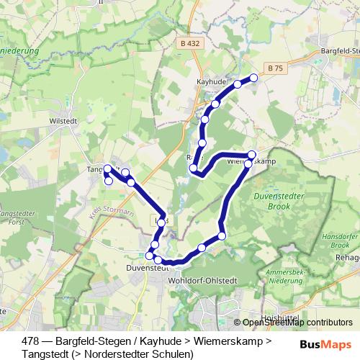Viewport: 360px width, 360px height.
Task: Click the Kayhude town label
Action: click(x=210, y=82)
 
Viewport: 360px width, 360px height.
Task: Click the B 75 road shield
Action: click(x=274, y=68)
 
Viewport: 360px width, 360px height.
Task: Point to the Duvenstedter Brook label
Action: click(x=282, y=200)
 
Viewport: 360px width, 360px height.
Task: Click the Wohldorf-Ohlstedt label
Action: click(x=202, y=280)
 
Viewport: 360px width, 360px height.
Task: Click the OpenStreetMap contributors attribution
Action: click(x=297, y=323)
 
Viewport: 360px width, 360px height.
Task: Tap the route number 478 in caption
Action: click(x=31, y=341)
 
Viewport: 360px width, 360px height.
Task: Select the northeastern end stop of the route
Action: click(x=253, y=78)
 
